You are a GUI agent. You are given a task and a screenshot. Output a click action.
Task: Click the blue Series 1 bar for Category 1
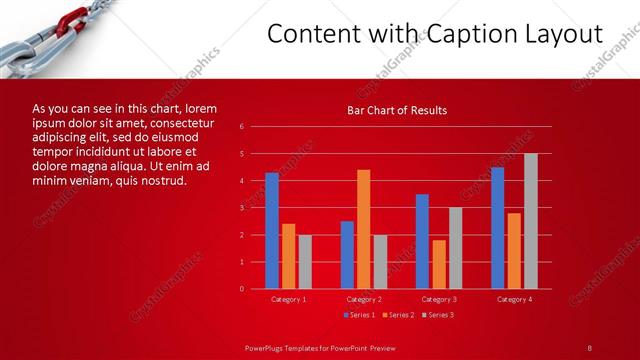pos(272,231)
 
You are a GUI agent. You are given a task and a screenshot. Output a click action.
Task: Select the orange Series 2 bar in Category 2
pos(363,229)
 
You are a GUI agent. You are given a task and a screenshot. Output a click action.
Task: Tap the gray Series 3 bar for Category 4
pos(531,221)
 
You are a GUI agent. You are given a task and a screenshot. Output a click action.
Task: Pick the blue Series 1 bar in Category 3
pos(422,241)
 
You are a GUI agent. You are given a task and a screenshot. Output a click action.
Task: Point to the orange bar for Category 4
pos(514,251)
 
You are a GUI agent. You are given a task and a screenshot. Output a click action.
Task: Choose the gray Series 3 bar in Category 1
pos(305,262)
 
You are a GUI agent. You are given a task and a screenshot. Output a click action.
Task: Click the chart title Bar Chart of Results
pos(397,110)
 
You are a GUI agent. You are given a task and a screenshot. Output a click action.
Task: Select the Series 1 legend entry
pos(359,315)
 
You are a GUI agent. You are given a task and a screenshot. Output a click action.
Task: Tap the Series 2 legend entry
pos(398,315)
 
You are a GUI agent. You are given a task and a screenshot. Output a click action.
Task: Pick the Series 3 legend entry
pos(437,315)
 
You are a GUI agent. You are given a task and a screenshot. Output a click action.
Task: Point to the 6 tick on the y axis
pos(242,127)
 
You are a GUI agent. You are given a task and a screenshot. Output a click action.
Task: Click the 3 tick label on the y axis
pos(242,208)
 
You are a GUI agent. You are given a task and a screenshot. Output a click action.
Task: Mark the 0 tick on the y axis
pos(242,289)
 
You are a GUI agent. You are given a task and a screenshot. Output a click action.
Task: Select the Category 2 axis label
pos(363,299)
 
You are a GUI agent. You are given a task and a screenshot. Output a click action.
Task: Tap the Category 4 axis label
pos(514,299)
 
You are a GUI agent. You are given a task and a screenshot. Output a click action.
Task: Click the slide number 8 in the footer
pos(589,347)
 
